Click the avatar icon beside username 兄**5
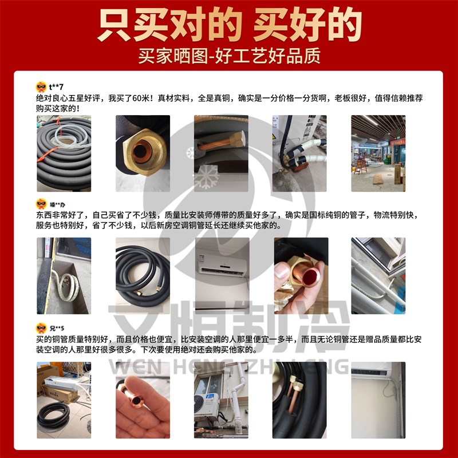41,328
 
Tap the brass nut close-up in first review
142,153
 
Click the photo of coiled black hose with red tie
64,153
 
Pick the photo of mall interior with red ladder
378,153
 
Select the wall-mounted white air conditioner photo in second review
220,276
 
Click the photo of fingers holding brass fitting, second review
300,276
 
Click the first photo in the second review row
64,276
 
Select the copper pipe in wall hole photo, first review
220,153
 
